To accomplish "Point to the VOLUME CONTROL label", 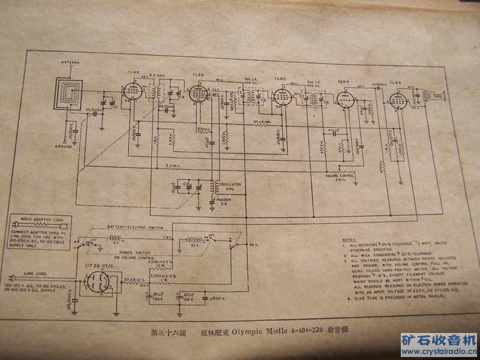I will [x=339, y=176].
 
